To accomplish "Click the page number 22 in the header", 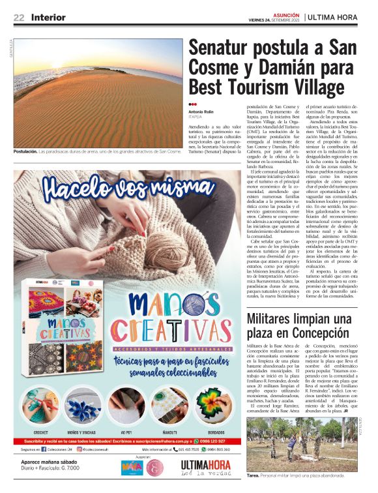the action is click(19, 17).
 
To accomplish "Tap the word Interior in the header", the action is click(48, 17).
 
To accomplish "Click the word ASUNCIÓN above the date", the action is click(286, 13).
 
